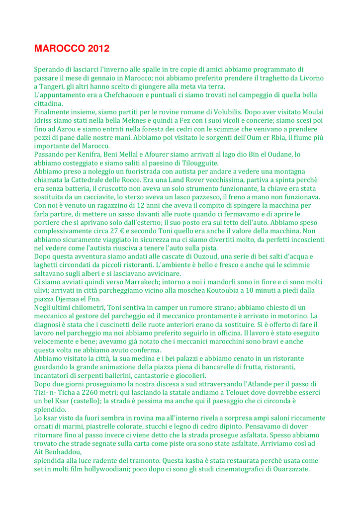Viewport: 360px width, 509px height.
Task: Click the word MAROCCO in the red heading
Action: coord(60,49)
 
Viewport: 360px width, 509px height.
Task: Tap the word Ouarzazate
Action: coord(286,469)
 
